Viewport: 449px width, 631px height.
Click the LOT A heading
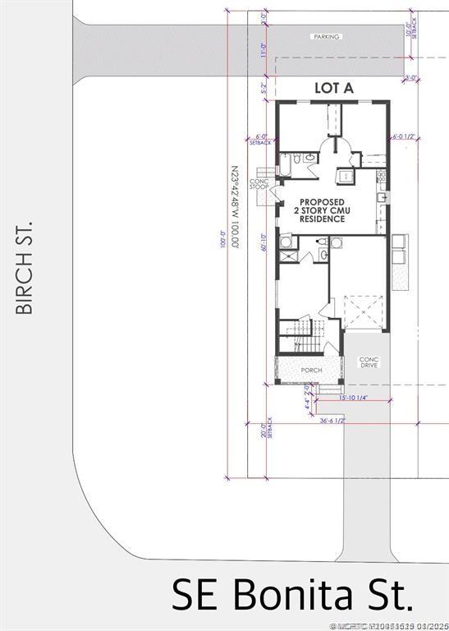click(334, 89)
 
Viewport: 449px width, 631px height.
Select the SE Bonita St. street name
click(291, 594)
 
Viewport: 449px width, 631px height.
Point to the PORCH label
click(311, 371)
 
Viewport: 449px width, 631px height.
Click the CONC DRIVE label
click(369, 363)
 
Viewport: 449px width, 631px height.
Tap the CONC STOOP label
click(259, 184)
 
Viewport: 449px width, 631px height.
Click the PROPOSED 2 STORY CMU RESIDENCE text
click(321, 210)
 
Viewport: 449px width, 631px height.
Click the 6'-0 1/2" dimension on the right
click(405, 137)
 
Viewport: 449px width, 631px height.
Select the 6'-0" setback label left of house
click(262, 140)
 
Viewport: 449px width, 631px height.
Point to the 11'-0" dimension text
click(263, 51)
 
